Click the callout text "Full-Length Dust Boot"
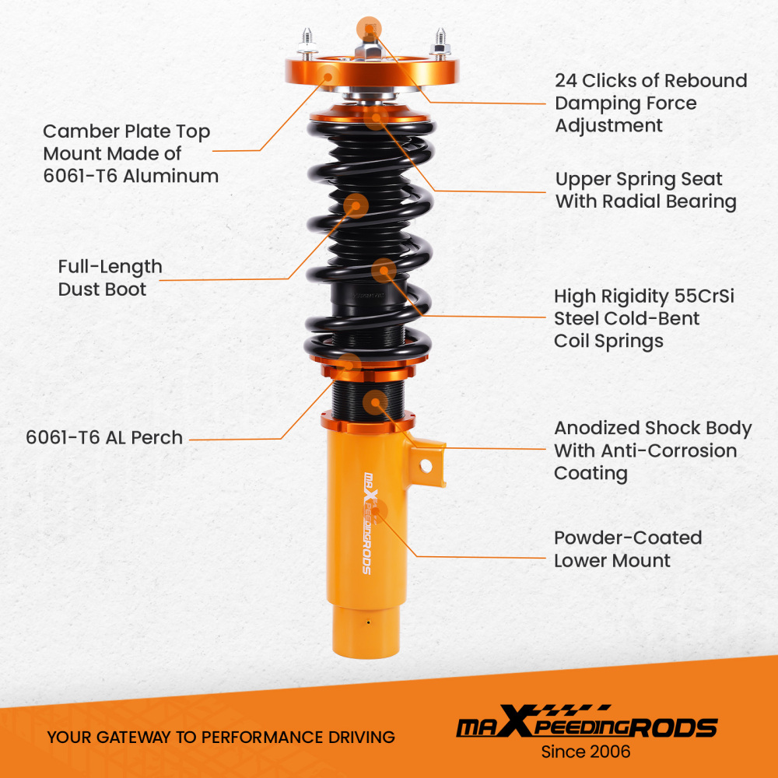[110, 278]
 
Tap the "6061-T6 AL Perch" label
[104, 437]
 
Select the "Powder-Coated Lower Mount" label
[627, 549]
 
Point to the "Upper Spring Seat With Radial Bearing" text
[645, 191]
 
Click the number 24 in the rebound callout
[566, 81]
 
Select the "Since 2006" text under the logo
[586, 752]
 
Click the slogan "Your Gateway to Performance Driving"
[221, 737]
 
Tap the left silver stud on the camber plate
[304, 43]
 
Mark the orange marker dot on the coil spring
[383, 271]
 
